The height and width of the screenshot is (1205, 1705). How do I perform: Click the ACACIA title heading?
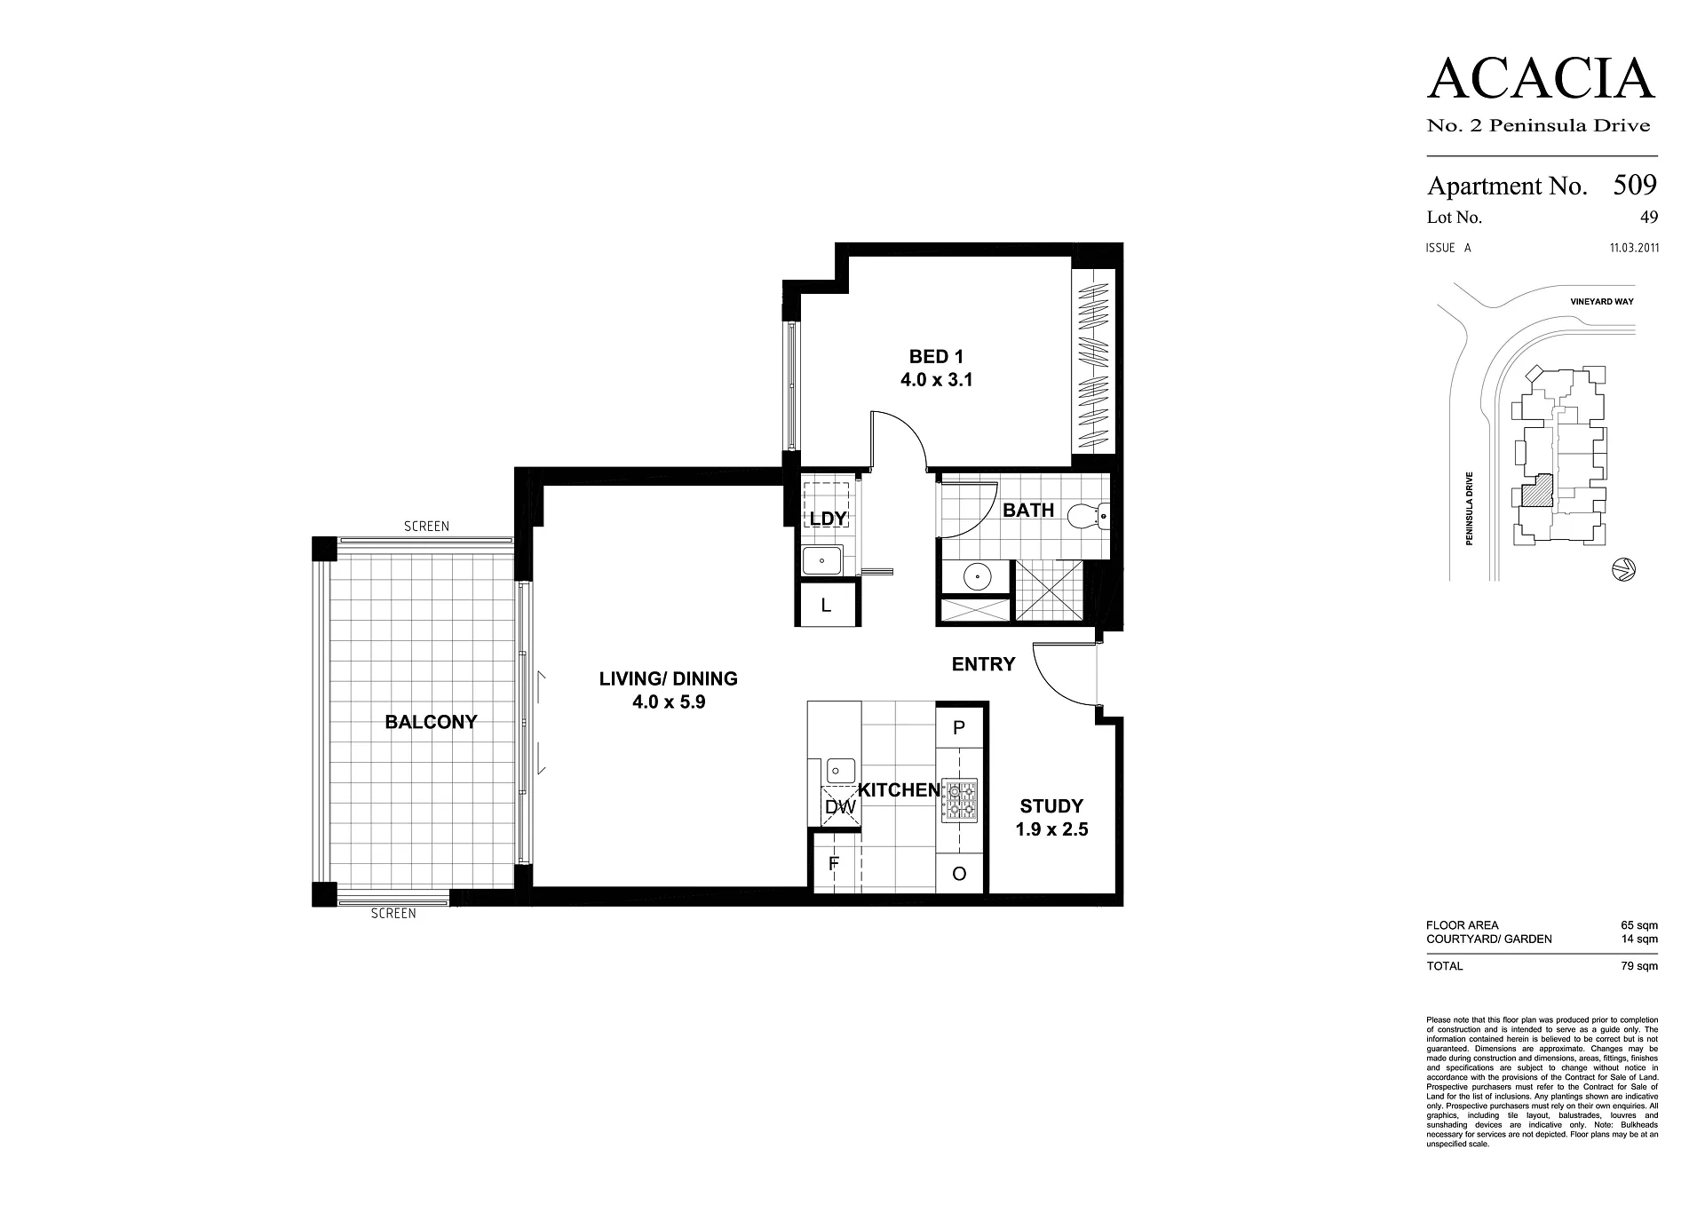pos(1542,79)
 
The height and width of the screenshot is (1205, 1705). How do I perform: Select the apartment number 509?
pos(1635,185)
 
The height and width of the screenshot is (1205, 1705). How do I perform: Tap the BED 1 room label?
pos(936,357)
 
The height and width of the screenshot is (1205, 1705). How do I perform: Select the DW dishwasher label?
pos(840,807)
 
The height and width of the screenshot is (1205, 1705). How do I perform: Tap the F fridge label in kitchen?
pos(834,862)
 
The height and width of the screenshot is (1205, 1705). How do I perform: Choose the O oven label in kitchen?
pos(959,874)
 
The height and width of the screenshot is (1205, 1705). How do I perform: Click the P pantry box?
pos(960,727)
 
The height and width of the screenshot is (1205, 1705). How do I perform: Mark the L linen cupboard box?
pos(827,606)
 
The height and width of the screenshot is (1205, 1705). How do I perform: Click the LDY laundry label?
pos(828,519)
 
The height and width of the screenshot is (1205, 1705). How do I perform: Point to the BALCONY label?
pos(431,722)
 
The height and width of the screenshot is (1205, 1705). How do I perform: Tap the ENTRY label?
pos(983,664)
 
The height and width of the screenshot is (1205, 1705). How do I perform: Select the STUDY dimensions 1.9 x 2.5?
pos(1052,829)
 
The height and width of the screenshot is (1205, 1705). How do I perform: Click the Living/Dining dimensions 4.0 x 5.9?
pos(669,702)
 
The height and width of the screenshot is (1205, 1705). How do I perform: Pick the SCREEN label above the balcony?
pos(426,527)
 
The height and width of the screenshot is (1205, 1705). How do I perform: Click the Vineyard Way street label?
pos(1600,302)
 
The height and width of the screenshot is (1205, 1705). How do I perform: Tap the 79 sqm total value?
pos(1639,966)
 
